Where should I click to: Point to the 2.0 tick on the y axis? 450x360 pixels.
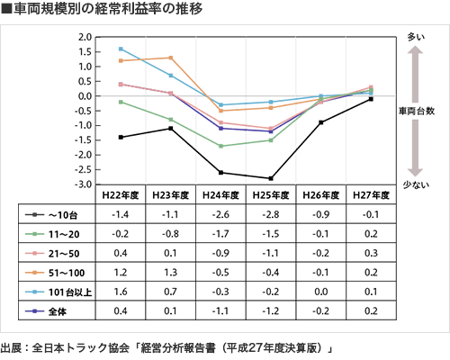(85, 38)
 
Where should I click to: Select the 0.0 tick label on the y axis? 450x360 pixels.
(85, 96)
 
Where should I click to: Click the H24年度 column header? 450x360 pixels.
(220, 193)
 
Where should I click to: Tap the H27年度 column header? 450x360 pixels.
(371, 193)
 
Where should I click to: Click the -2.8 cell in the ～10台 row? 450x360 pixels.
(271, 215)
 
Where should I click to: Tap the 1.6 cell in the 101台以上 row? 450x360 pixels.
(120, 292)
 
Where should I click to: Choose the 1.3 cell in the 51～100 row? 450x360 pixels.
(170, 273)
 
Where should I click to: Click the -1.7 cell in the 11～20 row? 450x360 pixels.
(220, 234)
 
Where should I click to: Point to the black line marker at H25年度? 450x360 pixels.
(271, 178)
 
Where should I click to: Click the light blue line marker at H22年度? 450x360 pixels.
(121, 49)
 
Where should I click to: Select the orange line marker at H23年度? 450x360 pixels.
(171, 58)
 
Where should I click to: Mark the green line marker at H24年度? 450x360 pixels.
(220, 146)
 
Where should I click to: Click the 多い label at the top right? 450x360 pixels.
(416, 38)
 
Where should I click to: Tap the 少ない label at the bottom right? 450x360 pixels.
(416, 184)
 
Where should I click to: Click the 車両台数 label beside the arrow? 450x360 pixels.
(417, 110)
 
